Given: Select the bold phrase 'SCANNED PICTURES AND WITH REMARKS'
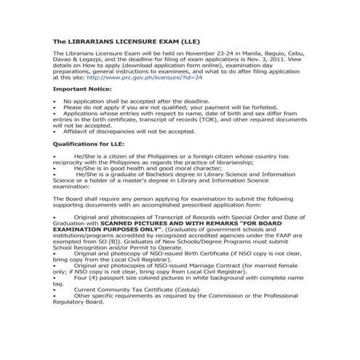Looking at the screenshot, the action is [175, 223].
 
